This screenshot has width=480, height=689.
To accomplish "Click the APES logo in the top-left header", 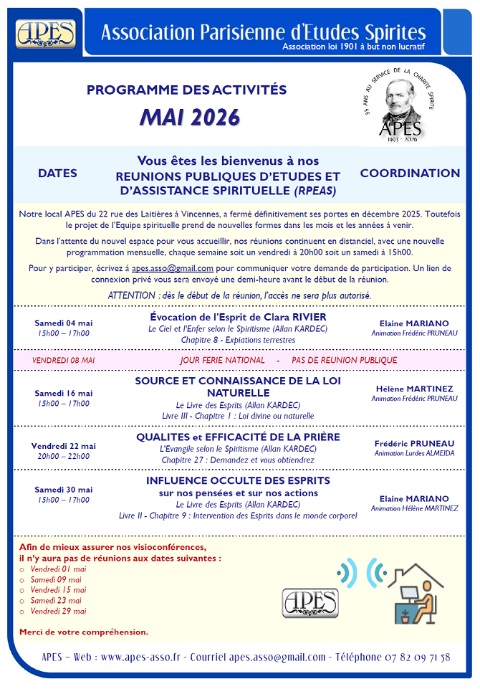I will click(46, 32).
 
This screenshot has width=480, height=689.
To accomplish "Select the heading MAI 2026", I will click(190, 118).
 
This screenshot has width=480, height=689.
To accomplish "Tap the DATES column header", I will click(57, 174).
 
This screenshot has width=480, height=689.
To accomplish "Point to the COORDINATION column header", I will click(410, 174).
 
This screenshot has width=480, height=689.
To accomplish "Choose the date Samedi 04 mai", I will click(64, 323).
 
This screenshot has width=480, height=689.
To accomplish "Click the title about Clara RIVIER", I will click(238, 317).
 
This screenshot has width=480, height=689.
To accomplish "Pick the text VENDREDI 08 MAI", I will click(64, 360).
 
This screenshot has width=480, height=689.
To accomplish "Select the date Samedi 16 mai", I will click(64, 393).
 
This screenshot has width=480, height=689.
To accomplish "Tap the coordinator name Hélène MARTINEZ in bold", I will click(414, 389).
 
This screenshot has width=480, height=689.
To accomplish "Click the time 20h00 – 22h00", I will click(64, 456).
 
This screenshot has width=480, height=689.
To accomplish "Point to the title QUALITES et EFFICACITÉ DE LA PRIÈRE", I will click(238, 437).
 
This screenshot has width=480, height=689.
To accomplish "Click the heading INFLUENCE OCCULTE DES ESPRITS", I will click(238, 480).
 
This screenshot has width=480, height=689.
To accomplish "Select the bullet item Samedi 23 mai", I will click(56, 600).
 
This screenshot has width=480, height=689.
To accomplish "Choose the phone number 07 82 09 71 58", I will click(416, 657).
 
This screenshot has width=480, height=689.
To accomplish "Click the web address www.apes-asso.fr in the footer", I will click(140, 657).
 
